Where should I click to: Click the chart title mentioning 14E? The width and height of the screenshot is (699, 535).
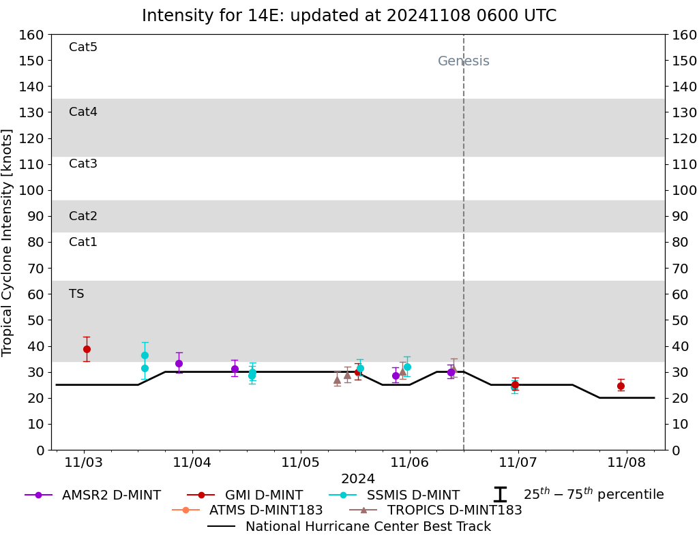[349, 16]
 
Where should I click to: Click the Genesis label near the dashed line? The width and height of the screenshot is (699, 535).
[463, 61]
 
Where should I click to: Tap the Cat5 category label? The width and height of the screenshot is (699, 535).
[83, 47]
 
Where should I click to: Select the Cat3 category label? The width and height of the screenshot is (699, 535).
[83, 164]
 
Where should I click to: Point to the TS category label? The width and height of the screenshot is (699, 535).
[76, 294]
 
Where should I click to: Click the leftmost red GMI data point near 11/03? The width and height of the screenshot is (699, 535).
[87, 349]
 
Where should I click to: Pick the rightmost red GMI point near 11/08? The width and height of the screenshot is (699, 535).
[621, 386]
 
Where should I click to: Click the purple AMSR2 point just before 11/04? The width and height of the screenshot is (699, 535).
[179, 363]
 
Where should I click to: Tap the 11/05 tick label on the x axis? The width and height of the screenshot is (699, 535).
[301, 463]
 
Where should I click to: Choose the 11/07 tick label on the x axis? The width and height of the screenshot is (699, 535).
[518, 463]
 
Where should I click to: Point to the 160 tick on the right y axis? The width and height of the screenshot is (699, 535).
[684, 35]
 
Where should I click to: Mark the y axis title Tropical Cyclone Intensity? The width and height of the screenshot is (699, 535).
[8, 242]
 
